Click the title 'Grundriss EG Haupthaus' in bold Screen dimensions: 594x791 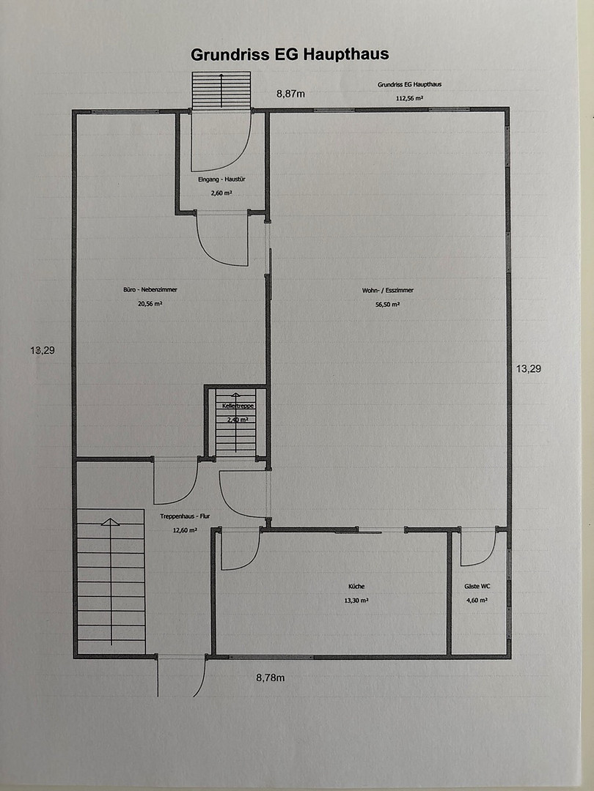pos(290,54)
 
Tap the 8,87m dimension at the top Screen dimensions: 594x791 pos(290,93)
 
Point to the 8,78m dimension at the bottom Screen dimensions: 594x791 pos(270,677)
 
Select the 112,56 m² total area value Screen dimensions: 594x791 pos(409,98)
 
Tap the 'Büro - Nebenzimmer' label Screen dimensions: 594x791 pos(150,289)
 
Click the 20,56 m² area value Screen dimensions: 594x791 pos(150,304)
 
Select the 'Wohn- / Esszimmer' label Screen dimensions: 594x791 pos(388,291)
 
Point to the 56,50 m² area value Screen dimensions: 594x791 pos(388,305)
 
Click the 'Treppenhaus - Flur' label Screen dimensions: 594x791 pos(185,516)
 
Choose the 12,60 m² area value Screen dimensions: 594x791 pos(185,530)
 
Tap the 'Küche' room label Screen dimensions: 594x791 pos(356,586)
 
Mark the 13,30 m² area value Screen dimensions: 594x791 pos(356,601)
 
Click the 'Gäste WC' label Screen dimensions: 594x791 pos(477,586)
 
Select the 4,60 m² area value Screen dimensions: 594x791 pos(477,601)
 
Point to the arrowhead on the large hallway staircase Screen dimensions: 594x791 pos(111,521)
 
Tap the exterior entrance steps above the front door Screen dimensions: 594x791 pos(221,90)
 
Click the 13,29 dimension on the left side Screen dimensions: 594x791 pos(43,350)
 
